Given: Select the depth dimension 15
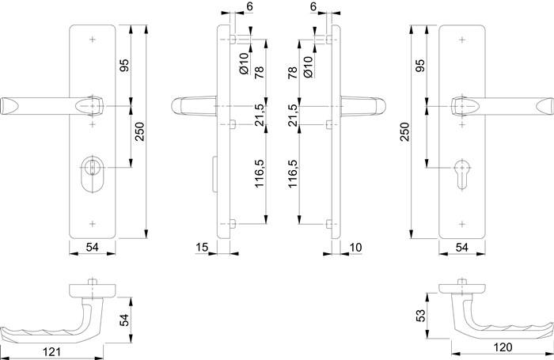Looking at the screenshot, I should point(201,248).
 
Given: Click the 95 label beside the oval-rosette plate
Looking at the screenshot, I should point(123,66).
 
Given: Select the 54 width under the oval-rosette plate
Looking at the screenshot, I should point(92,248).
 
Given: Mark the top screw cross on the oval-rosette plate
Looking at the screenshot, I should point(94,38).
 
